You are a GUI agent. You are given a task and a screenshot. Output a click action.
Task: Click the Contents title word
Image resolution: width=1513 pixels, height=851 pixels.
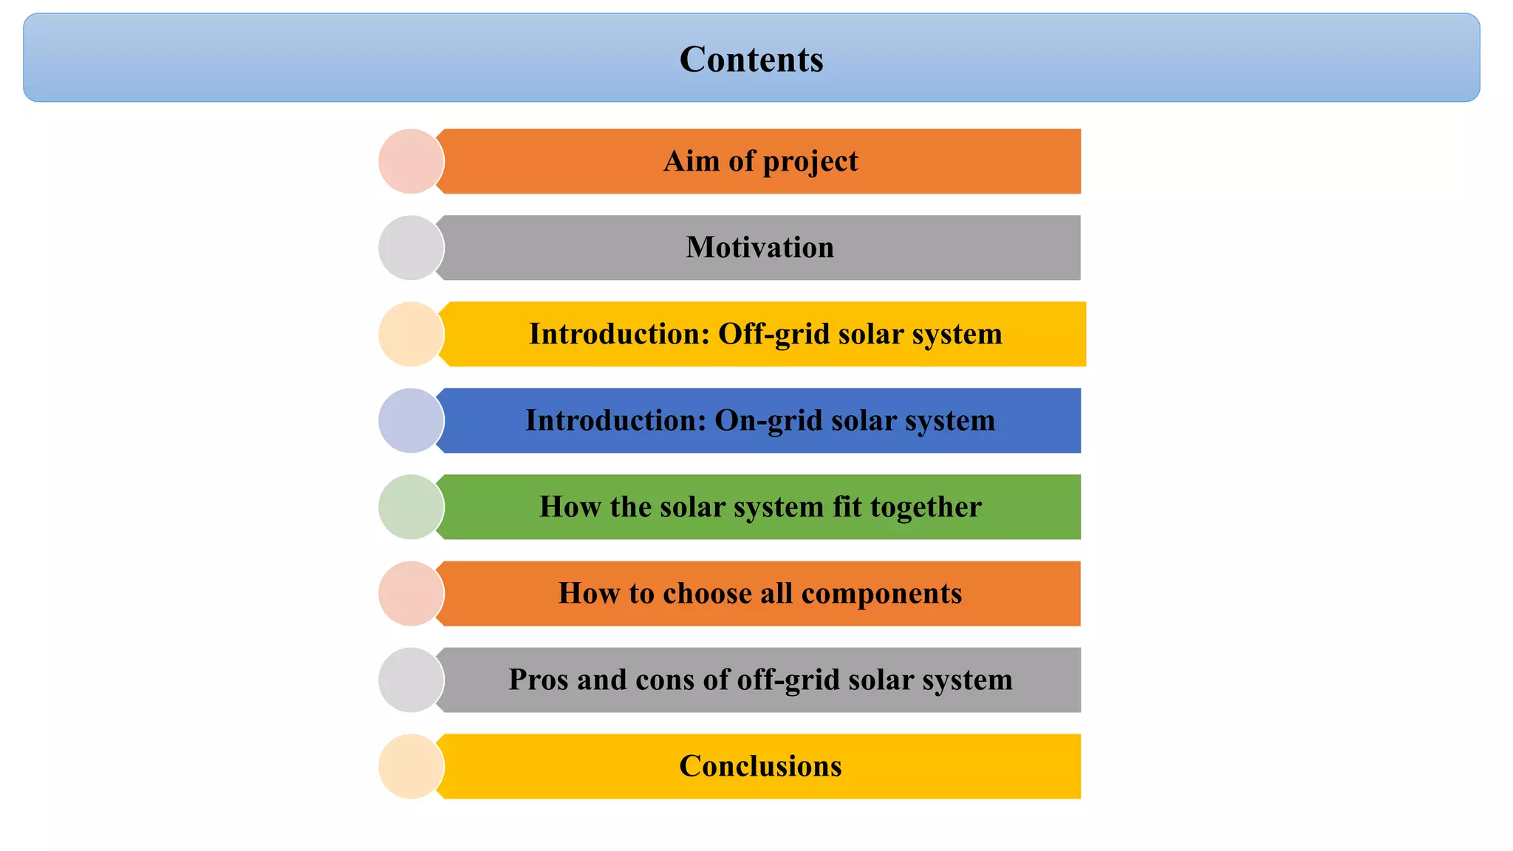coord(751,59)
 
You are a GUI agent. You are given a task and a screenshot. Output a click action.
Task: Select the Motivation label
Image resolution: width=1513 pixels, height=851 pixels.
coord(759,247)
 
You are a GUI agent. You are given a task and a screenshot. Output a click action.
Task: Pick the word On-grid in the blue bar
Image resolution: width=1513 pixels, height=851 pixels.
coord(768,420)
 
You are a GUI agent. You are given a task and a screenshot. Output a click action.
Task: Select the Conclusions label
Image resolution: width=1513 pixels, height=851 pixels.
coord(760,766)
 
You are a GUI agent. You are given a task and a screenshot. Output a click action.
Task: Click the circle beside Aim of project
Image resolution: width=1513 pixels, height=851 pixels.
coord(411,161)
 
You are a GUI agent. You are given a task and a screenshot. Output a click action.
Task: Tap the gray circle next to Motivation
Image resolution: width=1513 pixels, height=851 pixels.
coord(411,247)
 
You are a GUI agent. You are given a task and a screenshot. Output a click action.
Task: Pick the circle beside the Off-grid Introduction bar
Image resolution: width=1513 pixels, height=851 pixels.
coord(411,334)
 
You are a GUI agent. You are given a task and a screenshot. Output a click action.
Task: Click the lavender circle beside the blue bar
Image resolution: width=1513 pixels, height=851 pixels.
coord(411,420)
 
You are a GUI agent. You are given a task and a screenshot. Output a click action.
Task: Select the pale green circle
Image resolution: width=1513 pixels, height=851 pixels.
coord(411,507)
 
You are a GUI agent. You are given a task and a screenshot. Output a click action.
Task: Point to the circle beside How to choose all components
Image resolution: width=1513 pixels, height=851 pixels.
coord(411,593)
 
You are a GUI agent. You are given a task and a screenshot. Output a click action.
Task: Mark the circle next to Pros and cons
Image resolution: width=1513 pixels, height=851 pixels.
coord(411,680)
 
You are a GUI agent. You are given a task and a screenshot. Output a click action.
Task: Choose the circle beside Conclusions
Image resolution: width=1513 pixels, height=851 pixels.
coord(411,766)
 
